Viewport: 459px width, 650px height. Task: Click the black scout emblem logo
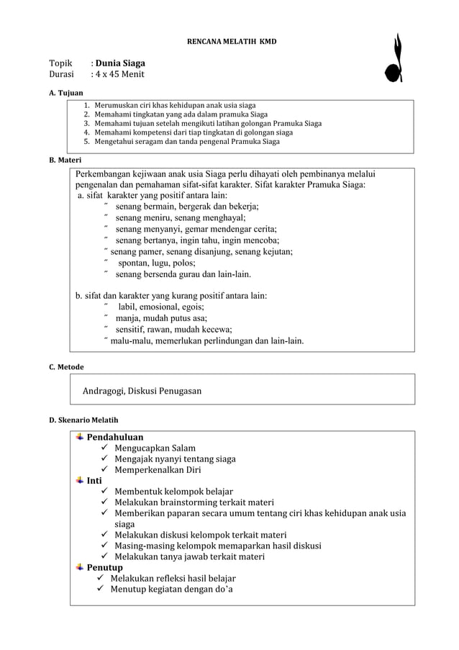394,58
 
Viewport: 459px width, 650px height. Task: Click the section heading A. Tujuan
65,93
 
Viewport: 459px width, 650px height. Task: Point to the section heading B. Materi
65,159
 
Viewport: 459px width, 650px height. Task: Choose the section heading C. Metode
65,366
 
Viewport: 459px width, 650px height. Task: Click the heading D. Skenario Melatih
83,420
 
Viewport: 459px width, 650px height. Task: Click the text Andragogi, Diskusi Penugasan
142,391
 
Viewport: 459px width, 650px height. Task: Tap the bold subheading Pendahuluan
114,437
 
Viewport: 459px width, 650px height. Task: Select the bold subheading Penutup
105,567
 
